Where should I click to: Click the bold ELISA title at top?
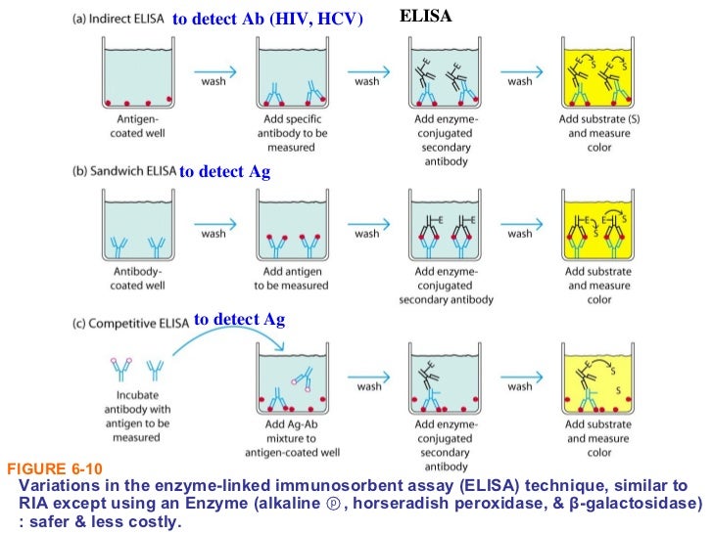[426, 16]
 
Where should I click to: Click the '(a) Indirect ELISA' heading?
[122, 19]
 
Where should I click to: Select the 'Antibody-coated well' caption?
[137, 279]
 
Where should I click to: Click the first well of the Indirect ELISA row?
[137, 75]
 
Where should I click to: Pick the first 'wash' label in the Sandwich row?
[214, 234]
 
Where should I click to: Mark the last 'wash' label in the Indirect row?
[520, 81]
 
